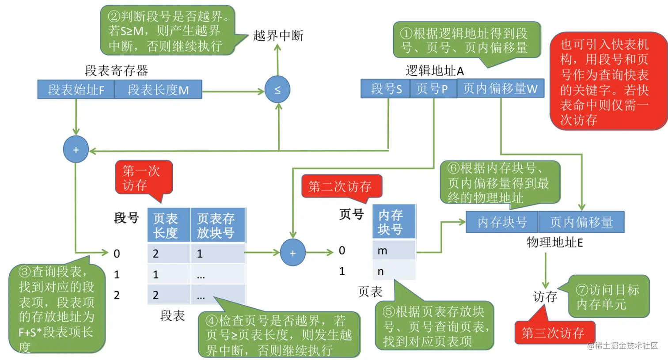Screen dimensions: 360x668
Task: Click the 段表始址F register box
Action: tap(76, 90)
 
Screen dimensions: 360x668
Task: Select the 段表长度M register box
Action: tap(158, 90)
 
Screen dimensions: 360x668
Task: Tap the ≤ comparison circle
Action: tap(277, 90)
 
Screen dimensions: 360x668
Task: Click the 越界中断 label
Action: tap(278, 36)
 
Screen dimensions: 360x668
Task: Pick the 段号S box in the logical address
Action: tap(386, 89)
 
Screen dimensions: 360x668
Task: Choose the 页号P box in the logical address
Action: tap(433, 89)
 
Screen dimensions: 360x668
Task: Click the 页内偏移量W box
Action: tap(500, 89)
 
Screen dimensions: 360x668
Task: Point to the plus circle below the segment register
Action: tap(76, 150)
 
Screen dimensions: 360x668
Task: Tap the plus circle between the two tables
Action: tap(292, 253)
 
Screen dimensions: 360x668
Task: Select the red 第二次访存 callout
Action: tap(340, 186)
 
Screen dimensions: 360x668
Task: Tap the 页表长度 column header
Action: tap(168, 225)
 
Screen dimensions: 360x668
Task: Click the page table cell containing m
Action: tap(393, 250)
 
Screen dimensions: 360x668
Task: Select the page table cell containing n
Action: tap(393, 271)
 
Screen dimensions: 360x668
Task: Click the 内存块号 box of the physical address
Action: tap(502, 222)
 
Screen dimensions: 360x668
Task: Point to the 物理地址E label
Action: tap(554, 242)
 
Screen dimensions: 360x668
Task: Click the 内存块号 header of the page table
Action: tap(393, 222)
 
